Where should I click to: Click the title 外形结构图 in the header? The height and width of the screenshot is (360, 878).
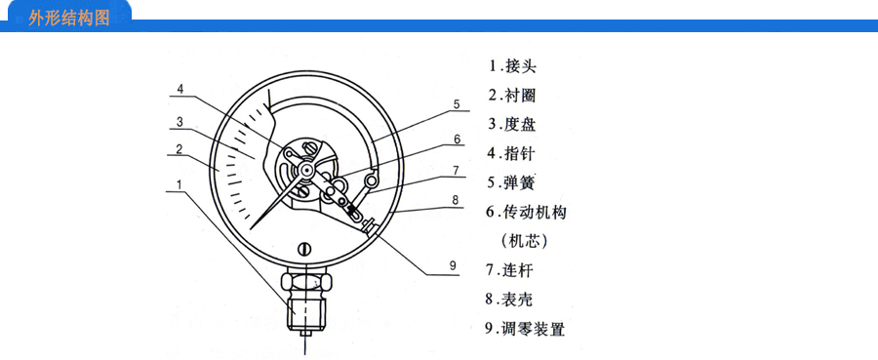pyautogui.click(x=69, y=18)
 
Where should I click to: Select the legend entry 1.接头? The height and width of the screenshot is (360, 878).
pyautogui.click(x=512, y=66)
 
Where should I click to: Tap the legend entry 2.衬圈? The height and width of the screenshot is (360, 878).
pyautogui.click(x=512, y=96)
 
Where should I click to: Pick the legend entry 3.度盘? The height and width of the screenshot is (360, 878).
pyautogui.click(x=512, y=124)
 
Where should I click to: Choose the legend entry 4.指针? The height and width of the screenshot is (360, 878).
pyautogui.click(x=512, y=153)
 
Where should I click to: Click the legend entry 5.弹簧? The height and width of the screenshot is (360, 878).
pyautogui.click(x=512, y=182)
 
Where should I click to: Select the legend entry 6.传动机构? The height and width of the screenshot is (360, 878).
pyautogui.click(x=526, y=212)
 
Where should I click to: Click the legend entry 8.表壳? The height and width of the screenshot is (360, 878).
pyautogui.click(x=509, y=300)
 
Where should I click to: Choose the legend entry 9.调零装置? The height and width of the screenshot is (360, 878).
pyautogui.click(x=525, y=329)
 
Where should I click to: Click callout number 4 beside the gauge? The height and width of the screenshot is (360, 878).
pyautogui.click(x=180, y=89)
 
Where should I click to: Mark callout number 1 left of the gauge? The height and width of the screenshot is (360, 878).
pyautogui.click(x=180, y=184)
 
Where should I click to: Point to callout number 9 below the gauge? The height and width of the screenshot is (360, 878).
pyautogui.click(x=453, y=265)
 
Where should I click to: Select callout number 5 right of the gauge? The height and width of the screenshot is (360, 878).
pyautogui.click(x=457, y=104)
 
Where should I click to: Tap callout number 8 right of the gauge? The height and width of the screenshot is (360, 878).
pyautogui.click(x=456, y=200)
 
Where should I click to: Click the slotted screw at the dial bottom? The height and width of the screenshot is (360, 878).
pyautogui.click(x=304, y=249)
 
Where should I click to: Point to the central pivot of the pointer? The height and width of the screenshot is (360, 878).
pyautogui.click(x=305, y=168)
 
